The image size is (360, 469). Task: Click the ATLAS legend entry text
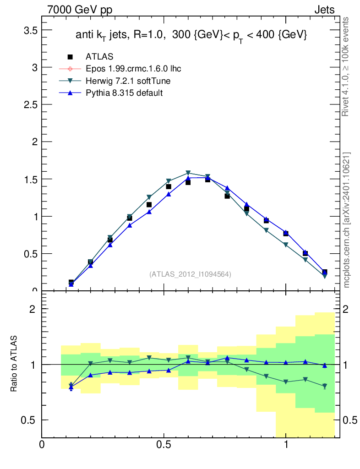(x=99, y=57)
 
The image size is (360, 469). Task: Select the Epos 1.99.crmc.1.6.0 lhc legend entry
(x=133, y=69)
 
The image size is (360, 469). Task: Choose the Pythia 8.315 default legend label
(x=124, y=93)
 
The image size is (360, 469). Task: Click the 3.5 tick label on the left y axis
(x=28, y=30)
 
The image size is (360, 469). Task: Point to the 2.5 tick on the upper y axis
(x=28, y=105)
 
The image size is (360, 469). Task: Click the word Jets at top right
(x=324, y=10)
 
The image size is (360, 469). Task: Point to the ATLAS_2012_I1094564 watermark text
(x=190, y=274)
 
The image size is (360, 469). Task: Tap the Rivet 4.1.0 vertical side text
(x=346, y=66)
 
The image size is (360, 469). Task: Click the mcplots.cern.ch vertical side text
(x=347, y=220)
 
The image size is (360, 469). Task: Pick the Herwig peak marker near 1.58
(x=188, y=173)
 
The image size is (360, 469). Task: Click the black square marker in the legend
(x=70, y=57)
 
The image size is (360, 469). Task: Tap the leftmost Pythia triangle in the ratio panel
(x=71, y=387)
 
